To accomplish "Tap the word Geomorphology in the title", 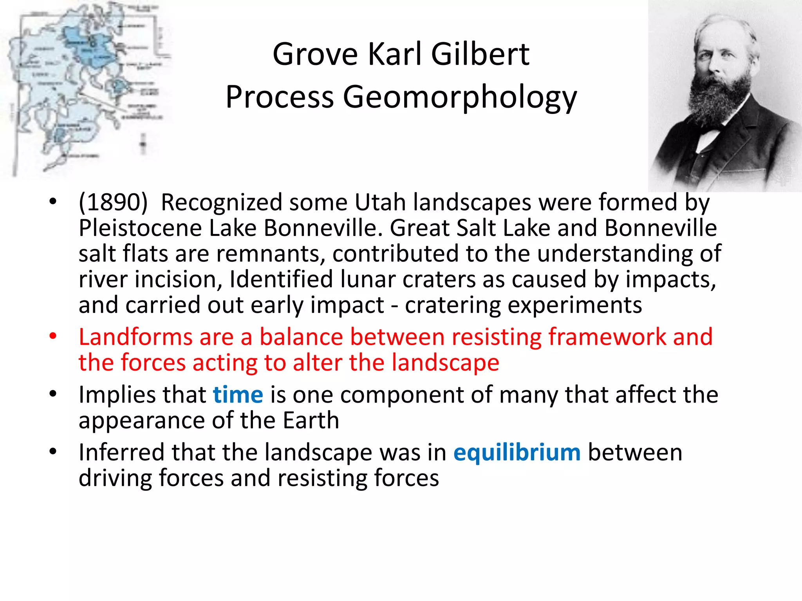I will pyautogui.click(x=460, y=97).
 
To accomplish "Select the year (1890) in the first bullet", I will pyautogui.click(x=113, y=202).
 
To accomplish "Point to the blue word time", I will pyautogui.click(x=238, y=395).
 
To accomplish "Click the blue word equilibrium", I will pyautogui.click(x=517, y=453).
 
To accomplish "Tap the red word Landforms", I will pyautogui.click(x=135, y=337).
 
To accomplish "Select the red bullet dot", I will pyautogui.click(x=53, y=336).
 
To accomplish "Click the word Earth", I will pyautogui.click(x=311, y=421).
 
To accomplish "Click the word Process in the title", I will pyautogui.click(x=279, y=97).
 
